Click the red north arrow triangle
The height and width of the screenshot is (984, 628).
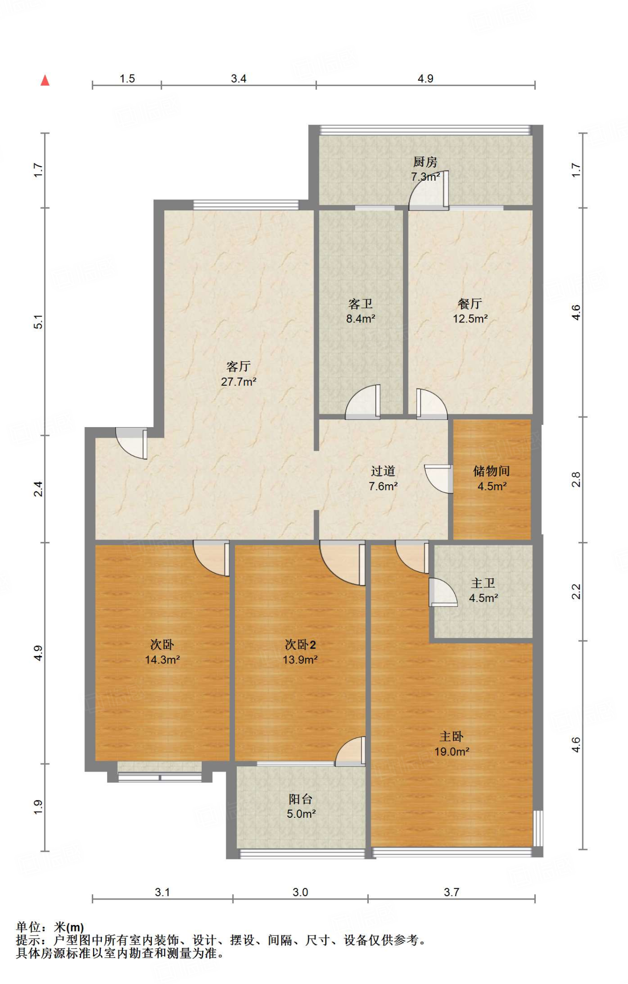45,80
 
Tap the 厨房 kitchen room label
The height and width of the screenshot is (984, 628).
425,162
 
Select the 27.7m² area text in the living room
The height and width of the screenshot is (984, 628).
238,382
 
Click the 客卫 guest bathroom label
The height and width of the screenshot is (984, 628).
361,304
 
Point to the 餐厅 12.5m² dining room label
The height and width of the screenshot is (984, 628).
470,311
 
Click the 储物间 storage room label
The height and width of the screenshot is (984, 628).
491,471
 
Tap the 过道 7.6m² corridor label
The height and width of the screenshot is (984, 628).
383,479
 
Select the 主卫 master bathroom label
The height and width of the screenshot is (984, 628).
483,583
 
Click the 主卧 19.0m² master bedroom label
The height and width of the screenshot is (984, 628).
451,744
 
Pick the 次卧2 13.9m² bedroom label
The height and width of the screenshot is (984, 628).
300,652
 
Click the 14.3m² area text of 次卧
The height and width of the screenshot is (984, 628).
162,660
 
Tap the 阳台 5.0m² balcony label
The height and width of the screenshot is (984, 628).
301,806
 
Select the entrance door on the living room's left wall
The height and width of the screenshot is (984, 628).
133,443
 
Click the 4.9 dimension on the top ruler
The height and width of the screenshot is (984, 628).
425,79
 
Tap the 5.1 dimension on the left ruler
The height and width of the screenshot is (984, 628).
38,321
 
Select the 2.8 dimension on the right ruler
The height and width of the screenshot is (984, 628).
576,480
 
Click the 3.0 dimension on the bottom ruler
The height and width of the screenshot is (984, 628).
300,892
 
